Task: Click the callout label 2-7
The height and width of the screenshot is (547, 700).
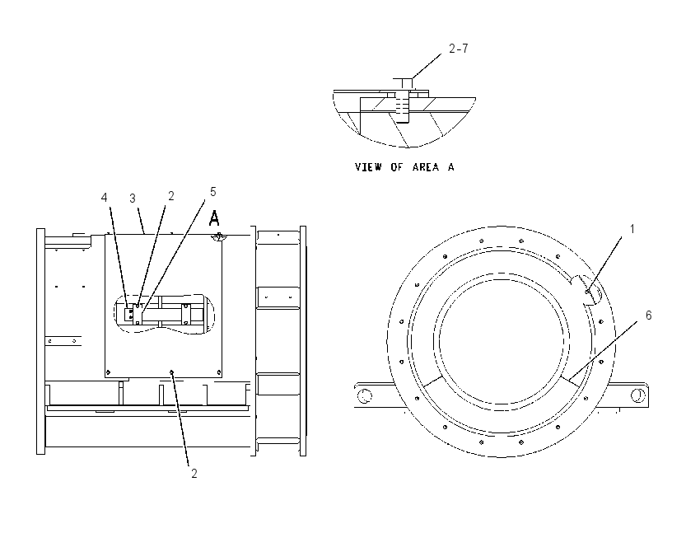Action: pos(459,49)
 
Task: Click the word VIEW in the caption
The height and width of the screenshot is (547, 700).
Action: pos(368,167)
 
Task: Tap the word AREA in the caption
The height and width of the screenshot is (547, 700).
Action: pos(426,167)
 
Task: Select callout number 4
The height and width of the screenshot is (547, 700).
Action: pos(105,198)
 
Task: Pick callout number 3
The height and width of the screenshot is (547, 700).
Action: pos(132,199)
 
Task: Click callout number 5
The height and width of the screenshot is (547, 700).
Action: pos(213,192)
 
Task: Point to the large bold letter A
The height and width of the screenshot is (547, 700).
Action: pos(214,219)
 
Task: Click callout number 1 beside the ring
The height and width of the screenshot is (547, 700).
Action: pos(632,229)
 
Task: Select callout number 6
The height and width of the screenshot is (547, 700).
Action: pos(649,316)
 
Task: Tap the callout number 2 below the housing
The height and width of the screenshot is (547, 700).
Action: pos(194,474)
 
